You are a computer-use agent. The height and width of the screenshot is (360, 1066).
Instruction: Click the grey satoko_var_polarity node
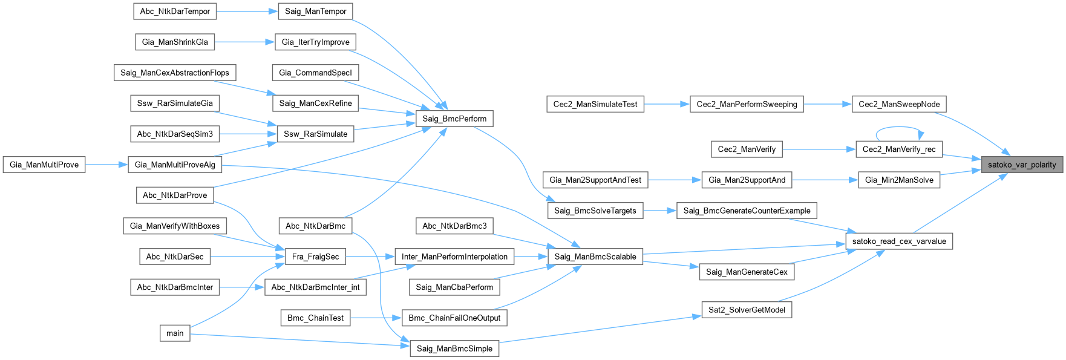[x=1021, y=165]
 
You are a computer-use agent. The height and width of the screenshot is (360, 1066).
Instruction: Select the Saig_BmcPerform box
[x=454, y=119]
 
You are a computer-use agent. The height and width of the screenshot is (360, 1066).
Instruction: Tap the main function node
[x=175, y=333]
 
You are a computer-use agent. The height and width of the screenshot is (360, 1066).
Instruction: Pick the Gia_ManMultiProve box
[x=44, y=165]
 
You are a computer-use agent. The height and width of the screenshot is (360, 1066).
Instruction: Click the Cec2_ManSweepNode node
[x=899, y=104]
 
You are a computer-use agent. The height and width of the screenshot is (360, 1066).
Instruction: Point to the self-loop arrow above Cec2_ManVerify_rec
[x=899, y=128]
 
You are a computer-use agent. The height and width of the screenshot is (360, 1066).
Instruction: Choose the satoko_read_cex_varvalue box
[x=899, y=241]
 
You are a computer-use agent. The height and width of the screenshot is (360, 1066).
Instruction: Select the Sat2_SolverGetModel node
[x=747, y=310]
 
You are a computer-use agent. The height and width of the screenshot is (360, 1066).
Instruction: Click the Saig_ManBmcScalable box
[x=595, y=257]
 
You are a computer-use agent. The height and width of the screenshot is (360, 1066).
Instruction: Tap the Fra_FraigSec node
[x=315, y=257]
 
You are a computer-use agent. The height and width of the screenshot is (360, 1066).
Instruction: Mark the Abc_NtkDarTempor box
[x=175, y=11]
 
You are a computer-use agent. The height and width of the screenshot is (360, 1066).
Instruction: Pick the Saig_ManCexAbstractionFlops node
[x=175, y=73]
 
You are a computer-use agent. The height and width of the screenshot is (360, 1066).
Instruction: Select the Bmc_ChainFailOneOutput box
[x=454, y=318]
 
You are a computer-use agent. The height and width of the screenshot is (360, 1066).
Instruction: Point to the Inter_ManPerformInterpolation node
[x=454, y=257]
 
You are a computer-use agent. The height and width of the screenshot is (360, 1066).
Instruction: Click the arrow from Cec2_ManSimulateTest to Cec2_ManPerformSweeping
[x=667, y=104]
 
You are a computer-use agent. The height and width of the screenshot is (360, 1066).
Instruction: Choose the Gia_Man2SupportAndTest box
[x=595, y=180]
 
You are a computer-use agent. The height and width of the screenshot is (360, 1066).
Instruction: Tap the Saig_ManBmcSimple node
[x=454, y=349]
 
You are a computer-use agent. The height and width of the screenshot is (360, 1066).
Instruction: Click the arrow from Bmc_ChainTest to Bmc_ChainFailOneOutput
[x=376, y=318]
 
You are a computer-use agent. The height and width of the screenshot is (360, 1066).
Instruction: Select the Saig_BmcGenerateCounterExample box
[x=747, y=211]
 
